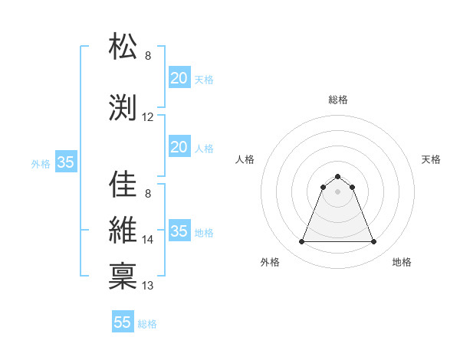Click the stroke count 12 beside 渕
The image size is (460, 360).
point(148,117)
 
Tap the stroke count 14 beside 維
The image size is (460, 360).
point(148,240)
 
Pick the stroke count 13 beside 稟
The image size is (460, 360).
point(148,286)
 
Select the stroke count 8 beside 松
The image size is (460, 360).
point(148,56)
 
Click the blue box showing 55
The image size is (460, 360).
point(123,322)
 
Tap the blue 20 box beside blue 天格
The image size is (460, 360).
point(179,78)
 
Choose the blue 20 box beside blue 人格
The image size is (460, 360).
point(179,147)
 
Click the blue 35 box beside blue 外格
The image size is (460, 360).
point(66,162)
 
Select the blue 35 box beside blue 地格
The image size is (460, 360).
point(179,231)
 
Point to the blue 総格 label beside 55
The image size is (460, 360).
point(147,324)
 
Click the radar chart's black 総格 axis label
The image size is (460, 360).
point(338,100)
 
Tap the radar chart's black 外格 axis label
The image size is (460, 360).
point(270,262)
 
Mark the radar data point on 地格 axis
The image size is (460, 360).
point(374,242)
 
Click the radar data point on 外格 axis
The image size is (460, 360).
point(301,242)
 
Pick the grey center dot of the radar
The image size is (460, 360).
point(337,191)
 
